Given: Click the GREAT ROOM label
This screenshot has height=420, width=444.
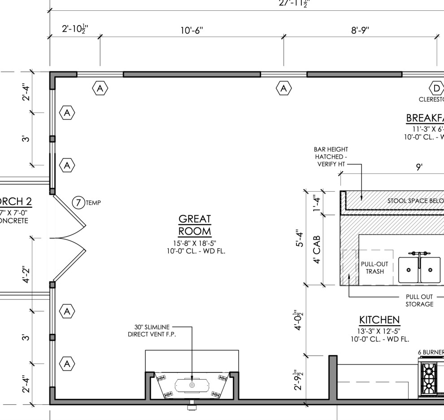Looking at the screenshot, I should point(195,225).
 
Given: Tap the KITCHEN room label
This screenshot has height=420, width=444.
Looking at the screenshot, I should point(379,320).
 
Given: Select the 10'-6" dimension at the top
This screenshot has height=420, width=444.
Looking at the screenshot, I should point(192,31).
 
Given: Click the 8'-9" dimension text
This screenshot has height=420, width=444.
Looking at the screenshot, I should point(360,31).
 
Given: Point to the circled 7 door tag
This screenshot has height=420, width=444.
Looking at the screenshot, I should point(78,203).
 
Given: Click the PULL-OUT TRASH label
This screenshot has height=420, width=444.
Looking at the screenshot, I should point(374,268).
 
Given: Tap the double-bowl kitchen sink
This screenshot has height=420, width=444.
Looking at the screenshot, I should point(419,269).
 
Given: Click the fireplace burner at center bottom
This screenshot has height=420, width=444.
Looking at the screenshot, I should point(192,385).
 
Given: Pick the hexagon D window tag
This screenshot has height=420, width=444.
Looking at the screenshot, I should point(436,87).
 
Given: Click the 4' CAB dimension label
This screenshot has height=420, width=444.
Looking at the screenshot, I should point(317,254).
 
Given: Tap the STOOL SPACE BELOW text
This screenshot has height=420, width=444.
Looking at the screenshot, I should point(415,201).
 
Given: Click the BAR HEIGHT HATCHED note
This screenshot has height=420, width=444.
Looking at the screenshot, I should point(331,157).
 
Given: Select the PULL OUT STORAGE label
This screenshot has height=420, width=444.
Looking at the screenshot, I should point(419,300).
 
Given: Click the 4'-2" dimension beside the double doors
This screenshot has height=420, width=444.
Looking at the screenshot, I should point(27,275).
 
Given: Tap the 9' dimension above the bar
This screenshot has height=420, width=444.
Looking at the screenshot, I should point(419,167).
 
